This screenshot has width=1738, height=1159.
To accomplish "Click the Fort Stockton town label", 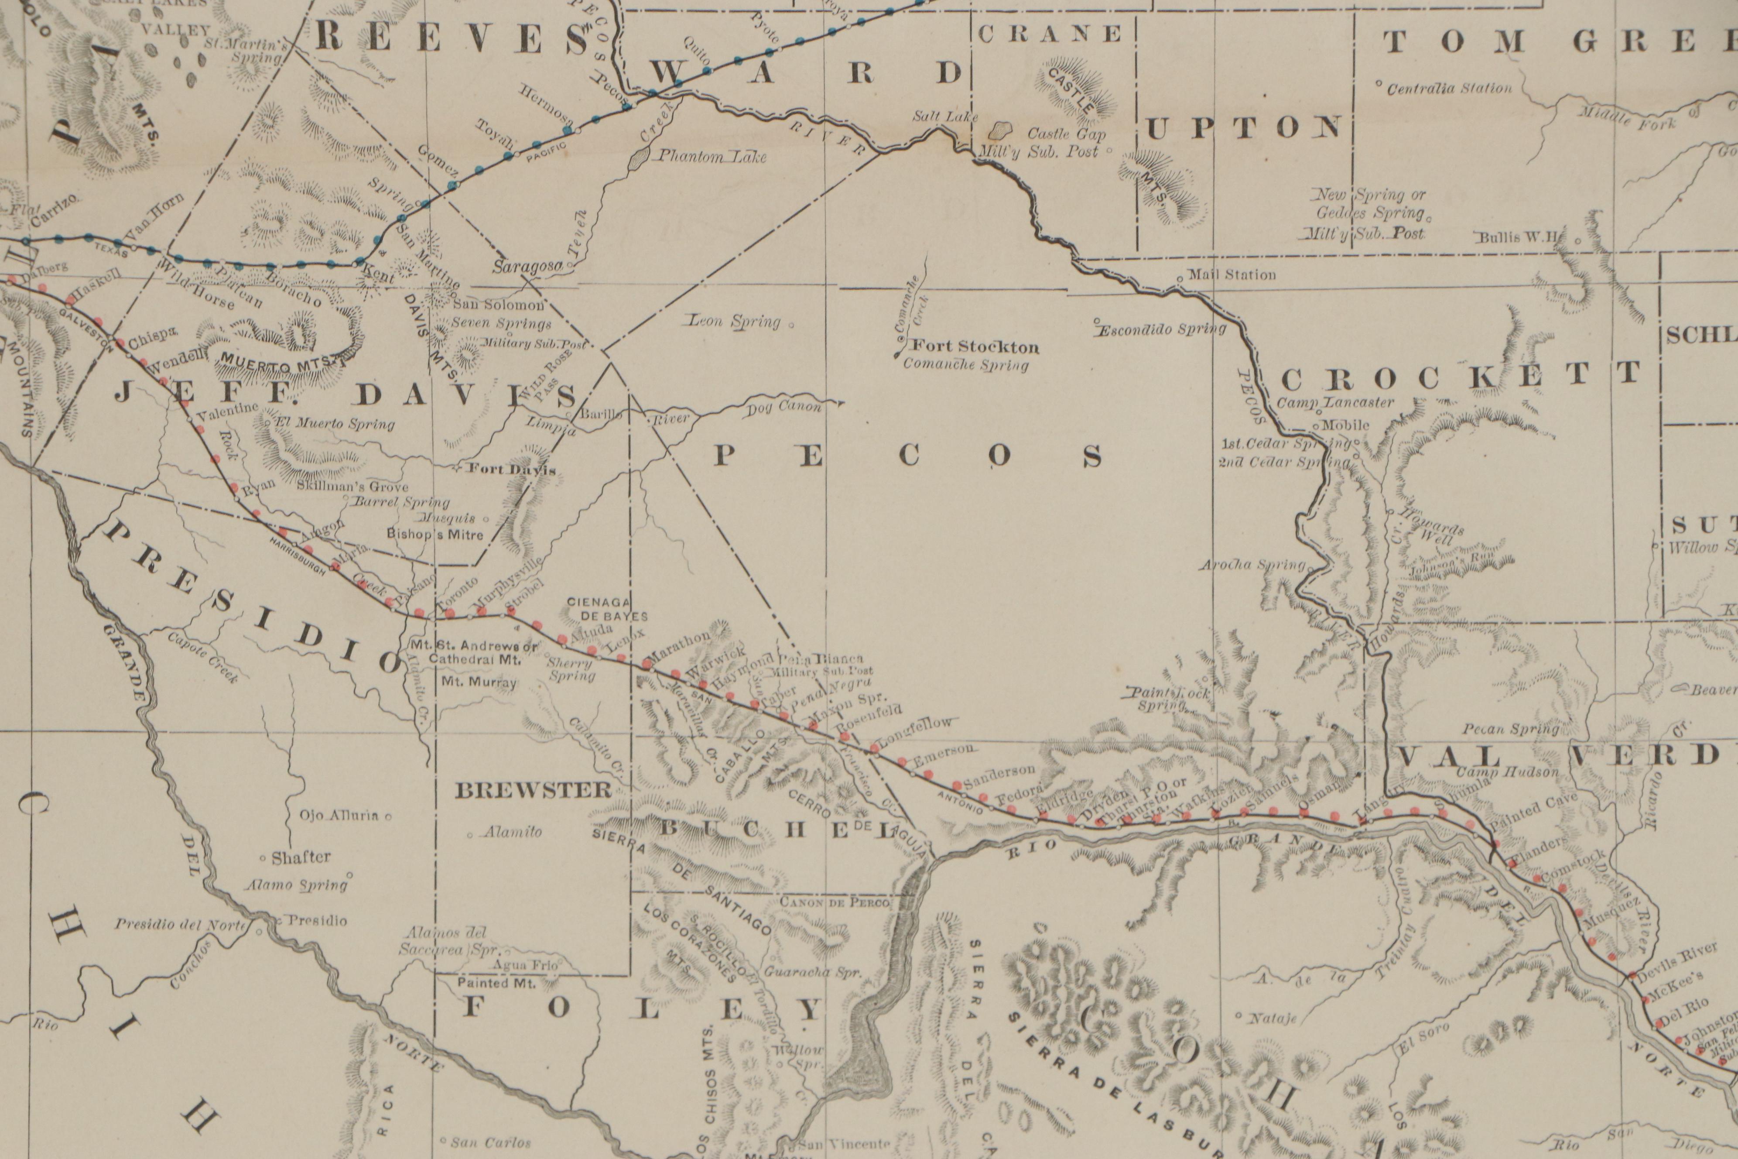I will pos(975,346).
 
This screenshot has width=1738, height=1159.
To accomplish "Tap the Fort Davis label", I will pos(513,470).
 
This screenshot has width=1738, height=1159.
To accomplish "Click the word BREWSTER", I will pos(534,791).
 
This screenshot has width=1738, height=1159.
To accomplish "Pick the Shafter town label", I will pos(301,857).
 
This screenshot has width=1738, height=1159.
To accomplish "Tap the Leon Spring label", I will pos(735,322).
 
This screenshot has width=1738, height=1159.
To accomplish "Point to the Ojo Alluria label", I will pos(339,816).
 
